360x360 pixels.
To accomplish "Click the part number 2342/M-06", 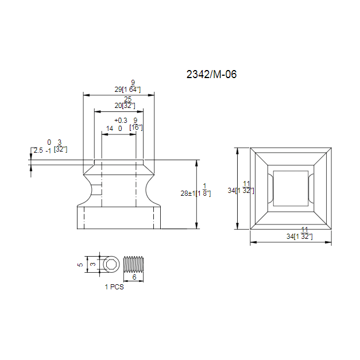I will click(x=211, y=73).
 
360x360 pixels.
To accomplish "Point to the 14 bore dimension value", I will click(x=109, y=129).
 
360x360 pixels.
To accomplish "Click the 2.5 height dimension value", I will click(x=38, y=150).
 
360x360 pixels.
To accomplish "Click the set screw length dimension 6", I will click(x=134, y=277).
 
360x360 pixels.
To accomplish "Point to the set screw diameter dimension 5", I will click(x=80, y=265).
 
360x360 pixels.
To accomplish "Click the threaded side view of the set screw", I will click(x=134, y=264).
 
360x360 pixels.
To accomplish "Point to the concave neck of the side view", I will click(x=119, y=189).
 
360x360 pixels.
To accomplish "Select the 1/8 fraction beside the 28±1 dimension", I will click(x=205, y=189).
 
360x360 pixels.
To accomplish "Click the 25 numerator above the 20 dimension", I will click(x=127, y=99).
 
